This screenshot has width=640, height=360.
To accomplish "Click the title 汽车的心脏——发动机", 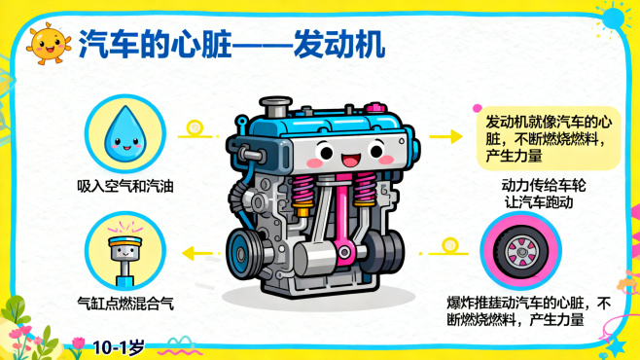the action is pyautogui.click(x=231, y=44).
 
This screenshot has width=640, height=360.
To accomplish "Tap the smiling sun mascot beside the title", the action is pyautogui.click(x=49, y=44).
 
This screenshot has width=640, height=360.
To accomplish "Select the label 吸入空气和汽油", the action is pyautogui.click(x=125, y=187).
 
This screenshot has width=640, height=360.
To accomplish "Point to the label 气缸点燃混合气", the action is pyautogui.click(x=125, y=304).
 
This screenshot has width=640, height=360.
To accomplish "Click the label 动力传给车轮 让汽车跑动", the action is pyautogui.click(x=543, y=194).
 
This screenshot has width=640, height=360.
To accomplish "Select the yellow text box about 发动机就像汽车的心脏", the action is pyautogui.click(x=549, y=138).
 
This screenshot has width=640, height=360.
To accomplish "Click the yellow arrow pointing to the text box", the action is pyautogui.click(x=445, y=136).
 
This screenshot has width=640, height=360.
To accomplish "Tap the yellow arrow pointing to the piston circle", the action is pyautogui.click(x=201, y=253).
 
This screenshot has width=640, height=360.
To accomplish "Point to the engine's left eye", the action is pyautogui.click(x=325, y=151).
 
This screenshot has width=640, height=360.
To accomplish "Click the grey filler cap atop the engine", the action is pyautogui.click(x=276, y=107).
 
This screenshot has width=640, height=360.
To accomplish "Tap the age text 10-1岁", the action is pyautogui.click(x=119, y=347).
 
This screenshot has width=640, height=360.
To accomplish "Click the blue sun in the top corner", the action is pyautogui.click(x=613, y=18).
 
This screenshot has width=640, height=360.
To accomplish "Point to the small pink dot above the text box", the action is pyautogui.click(x=477, y=108).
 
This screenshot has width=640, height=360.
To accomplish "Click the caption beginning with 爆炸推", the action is pyautogui.click(x=529, y=311).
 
